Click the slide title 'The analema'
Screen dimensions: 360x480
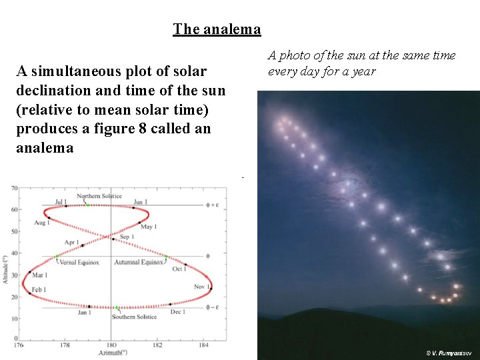217,29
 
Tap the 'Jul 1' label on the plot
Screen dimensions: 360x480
61,202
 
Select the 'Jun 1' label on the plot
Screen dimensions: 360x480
140,202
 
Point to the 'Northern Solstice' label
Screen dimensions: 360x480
99,196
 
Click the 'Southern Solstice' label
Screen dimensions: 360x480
134,317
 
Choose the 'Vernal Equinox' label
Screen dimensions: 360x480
79,262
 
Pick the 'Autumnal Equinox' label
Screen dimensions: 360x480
138,262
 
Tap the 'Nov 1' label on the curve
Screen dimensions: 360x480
202,287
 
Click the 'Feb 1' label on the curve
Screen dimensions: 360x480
39,290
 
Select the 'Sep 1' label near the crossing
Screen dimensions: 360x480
127,237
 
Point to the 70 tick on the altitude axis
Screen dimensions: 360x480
15,189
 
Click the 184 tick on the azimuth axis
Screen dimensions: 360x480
204,345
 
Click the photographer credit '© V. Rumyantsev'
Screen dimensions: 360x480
449,352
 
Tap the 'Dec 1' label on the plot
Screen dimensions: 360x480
178,312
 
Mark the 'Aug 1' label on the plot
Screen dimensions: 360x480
41,223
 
